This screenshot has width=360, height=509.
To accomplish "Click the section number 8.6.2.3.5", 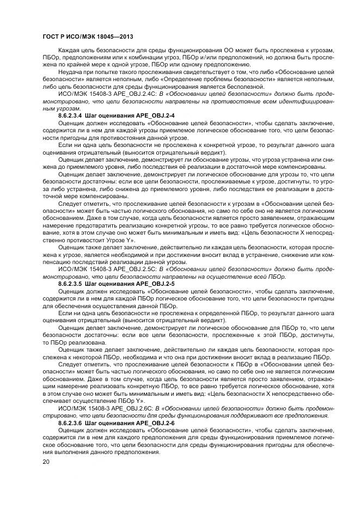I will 70,284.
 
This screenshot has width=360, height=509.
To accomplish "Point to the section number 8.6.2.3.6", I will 70,423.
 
